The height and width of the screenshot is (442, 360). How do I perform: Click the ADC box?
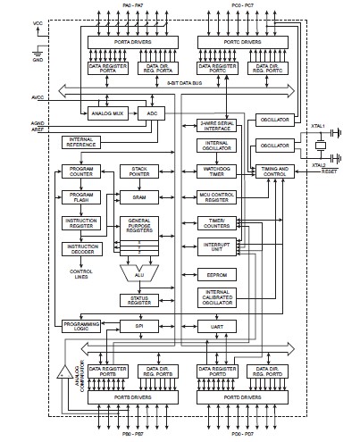[152, 114]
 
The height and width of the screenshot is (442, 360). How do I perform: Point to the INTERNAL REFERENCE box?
[82, 141]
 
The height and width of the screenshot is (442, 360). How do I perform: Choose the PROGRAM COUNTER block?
[81, 171]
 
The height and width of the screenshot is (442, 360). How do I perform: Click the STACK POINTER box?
[138, 171]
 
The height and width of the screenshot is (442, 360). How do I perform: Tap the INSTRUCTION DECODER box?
[81, 248]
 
